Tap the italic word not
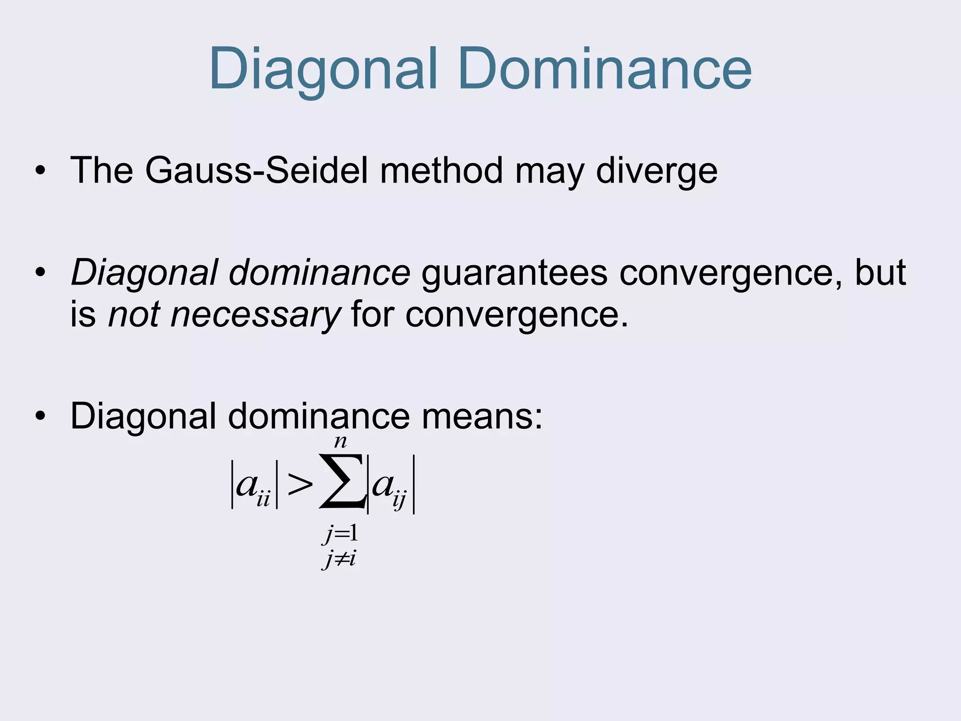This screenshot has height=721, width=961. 134,314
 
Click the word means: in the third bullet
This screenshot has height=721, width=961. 482,416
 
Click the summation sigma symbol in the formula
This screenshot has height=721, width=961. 342,481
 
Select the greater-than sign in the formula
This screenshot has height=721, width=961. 299,485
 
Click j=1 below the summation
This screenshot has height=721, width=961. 340,534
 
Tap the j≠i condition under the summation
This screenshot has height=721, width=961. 339,559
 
